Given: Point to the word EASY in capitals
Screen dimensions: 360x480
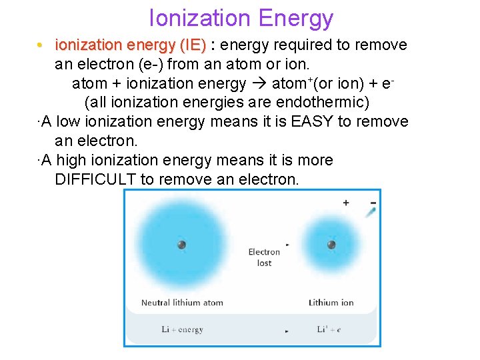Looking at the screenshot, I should [x=313, y=122].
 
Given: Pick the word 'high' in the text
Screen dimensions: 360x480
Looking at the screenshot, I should [x=71, y=161].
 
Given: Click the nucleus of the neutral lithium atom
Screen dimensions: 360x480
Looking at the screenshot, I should [x=181, y=245].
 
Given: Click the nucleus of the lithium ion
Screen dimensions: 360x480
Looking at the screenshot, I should [x=331, y=245].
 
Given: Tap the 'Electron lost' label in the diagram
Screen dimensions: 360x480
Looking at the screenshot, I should [x=264, y=257].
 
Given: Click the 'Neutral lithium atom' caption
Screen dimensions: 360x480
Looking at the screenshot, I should [x=182, y=303].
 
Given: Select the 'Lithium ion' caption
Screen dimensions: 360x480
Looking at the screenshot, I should [x=331, y=303].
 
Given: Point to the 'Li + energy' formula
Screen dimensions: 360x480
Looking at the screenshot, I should [x=182, y=329].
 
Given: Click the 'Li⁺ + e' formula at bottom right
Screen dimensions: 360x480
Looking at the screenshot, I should [x=330, y=329].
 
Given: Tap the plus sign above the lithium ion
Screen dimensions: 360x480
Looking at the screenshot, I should [x=345, y=203].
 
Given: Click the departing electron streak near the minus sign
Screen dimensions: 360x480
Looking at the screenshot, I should [x=371, y=212].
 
